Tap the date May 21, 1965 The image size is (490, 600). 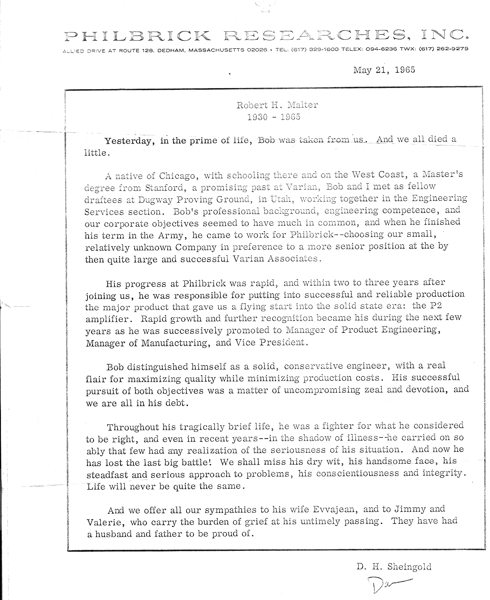(x=384, y=70)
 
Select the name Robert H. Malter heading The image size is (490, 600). (x=277, y=105)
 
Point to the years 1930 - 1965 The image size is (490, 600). (x=274, y=117)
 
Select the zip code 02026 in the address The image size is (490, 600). (x=257, y=49)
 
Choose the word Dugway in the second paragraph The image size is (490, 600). (x=146, y=199)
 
